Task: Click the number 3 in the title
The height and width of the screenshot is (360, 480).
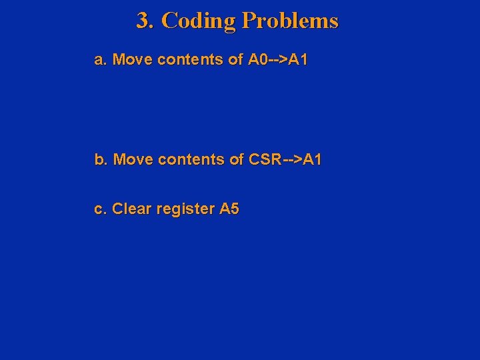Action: (142, 21)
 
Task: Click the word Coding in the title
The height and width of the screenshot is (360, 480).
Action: (198, 21)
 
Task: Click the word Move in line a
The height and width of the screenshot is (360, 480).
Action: (131, 60)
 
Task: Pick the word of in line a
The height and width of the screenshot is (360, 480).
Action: (235, 60)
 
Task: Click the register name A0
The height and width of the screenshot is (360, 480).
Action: (258, 60)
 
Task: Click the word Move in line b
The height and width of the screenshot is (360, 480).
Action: (132, 160)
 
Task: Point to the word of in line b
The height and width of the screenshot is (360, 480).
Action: (237, 160)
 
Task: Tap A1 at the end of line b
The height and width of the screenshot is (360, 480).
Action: (313, 160)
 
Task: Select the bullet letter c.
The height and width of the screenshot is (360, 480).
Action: (100, 209)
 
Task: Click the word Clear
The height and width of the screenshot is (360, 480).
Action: (132, 209)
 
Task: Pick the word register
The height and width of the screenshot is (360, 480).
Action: (185, 210)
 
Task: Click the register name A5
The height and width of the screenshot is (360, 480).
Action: (229, 209)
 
